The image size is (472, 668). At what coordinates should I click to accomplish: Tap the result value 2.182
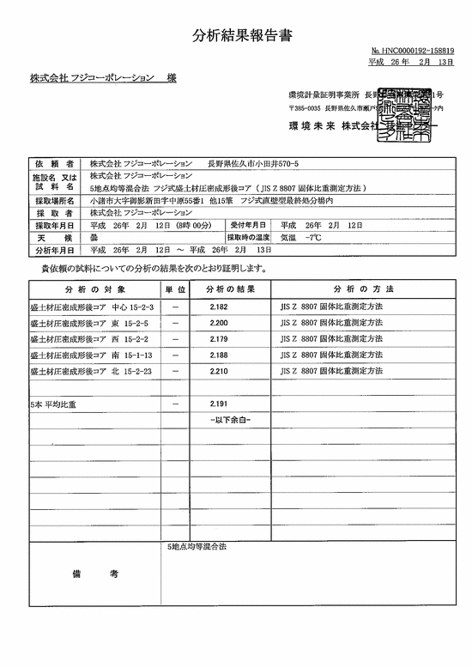tap(219, 307)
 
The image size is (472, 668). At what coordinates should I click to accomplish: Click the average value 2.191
tap(219, 403)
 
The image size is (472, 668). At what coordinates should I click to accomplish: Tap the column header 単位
tap(176, 288)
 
